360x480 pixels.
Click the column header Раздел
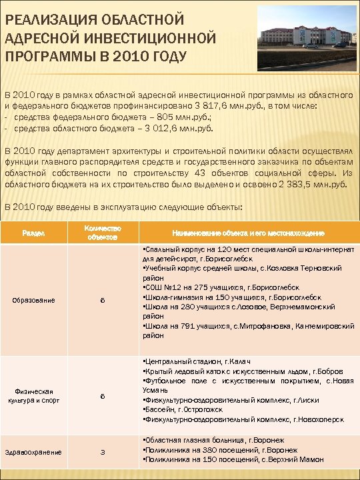[x=34, y=233]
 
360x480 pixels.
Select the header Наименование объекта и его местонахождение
[x=248, y=233]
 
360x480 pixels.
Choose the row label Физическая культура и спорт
[x=34, y=395]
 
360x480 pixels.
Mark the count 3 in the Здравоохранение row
[x=103, y=452]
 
